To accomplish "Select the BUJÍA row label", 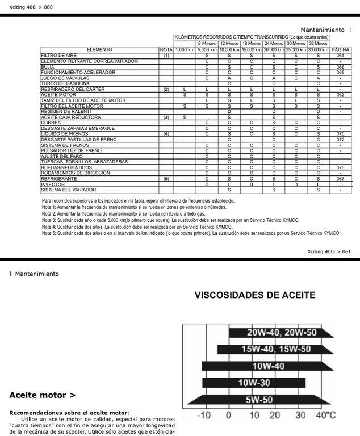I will [48, 67].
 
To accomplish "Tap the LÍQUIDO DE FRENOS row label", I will [64, 133].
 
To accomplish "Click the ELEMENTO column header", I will [99, 50].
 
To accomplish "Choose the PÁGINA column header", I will [340, 50].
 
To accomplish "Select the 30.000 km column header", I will [318, 50].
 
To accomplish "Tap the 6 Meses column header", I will [207, 43].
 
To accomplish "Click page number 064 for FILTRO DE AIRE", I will [340, 56].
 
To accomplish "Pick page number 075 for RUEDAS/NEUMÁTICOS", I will [340, 167].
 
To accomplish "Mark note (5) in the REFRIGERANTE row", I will [166, 178].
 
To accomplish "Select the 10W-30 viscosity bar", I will [253, 383].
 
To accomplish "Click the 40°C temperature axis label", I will [325, 416].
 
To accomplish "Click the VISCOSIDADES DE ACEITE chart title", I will [255, 295].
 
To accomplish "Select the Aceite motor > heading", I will [43, 395].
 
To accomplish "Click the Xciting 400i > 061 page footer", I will [329, 252].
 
